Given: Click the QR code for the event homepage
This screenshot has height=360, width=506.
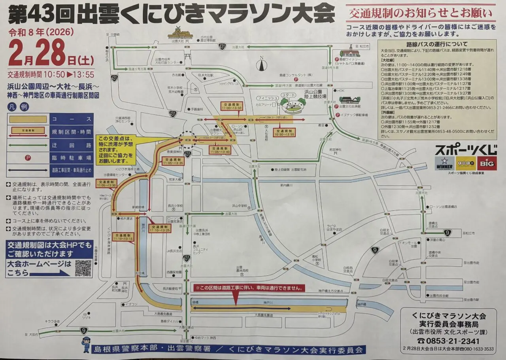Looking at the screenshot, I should (x=83, y=268).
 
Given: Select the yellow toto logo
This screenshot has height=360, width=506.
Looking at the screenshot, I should (x=466, y=163).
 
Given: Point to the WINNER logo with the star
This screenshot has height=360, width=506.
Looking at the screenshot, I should (x=444, y=163).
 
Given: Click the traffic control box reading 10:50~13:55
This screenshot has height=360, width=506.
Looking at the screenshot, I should (x=285, y=133).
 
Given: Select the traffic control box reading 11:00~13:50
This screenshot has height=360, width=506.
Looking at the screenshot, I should (x=231, y=106).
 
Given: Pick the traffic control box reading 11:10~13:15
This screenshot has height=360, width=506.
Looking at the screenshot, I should (x=123, y=237).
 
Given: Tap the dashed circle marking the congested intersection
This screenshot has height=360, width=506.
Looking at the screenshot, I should (x=187, y=140).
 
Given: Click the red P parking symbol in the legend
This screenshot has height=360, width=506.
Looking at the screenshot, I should (x=28, y=157).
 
